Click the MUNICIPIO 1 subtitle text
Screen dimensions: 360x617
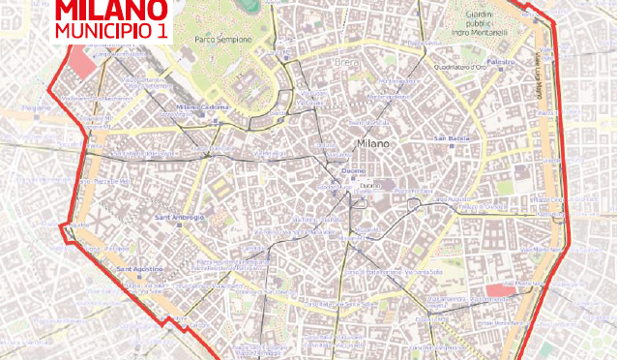pos(112,31)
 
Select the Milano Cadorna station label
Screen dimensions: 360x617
pos(201,106)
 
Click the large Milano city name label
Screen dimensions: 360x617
pos(373,142)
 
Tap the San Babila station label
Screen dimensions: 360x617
pos(452,137)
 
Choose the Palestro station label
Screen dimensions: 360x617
pos(501,61)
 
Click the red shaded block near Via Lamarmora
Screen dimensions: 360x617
pos(500,289)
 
